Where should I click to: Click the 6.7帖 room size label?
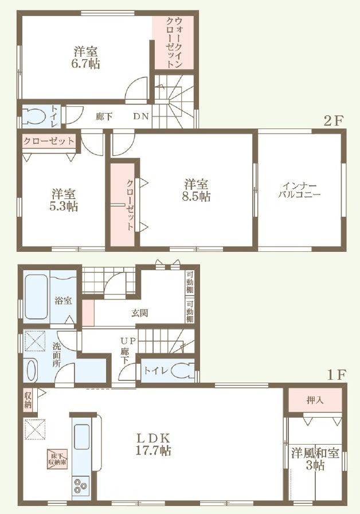click(x=85, y=64)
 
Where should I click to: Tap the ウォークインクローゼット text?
click(x=174, y=42)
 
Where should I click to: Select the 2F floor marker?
click(x=333, y=121)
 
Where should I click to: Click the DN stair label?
click(x=141, y=116)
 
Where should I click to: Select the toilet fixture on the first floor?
click(x=183, y=371)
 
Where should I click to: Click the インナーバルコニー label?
click(x=299, y=190)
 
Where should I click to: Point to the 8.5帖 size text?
click(x=197, y=197)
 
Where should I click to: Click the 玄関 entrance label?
click(x=139, y=313)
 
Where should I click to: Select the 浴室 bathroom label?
click(x=63, y=300)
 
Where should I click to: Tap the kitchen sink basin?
click(x=81, y=437)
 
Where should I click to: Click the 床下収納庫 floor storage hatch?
click(x=58, y=458)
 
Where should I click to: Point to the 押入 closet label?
click(x=315, y=400)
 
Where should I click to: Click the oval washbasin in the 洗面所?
click(x=30, y=371)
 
